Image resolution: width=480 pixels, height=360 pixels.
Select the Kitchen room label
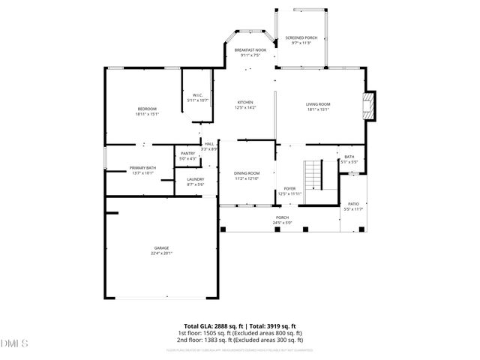point(245,102)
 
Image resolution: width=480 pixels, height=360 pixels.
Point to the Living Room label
point(317,103)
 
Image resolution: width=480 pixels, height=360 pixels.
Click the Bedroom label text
point(146,109)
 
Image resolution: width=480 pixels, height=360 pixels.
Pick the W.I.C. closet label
point(197,95)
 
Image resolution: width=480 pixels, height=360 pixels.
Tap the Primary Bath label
point(142,167)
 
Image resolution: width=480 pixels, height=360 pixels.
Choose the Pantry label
point(187,153)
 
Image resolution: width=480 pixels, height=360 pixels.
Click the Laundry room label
point(195,179)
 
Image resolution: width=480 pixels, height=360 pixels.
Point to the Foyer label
point(289,188)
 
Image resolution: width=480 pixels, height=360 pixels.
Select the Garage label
point(161,247)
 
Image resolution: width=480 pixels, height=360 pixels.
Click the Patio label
point(352,204)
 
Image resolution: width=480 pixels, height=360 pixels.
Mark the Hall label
point(209,143)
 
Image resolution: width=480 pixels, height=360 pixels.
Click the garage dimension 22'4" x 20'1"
point(161,253)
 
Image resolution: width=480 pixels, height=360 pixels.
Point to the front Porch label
point(281,217)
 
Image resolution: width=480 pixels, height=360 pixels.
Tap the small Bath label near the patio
point(349,157)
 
